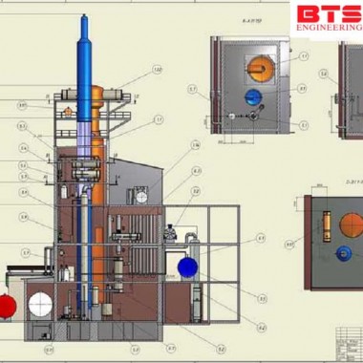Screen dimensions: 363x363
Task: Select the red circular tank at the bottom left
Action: click(x=7, y=305)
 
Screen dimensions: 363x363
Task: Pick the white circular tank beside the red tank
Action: click(x=40, y=305)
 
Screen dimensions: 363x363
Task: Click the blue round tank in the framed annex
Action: click(x=187, y=267)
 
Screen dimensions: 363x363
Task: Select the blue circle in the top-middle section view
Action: click(x=252, y=97)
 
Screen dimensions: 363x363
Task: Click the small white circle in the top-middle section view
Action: click(x=233, y=115)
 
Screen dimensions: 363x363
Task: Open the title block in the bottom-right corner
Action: click(x=348, y=339)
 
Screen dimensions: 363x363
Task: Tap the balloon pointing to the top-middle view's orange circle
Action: click(x=304, y=56)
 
